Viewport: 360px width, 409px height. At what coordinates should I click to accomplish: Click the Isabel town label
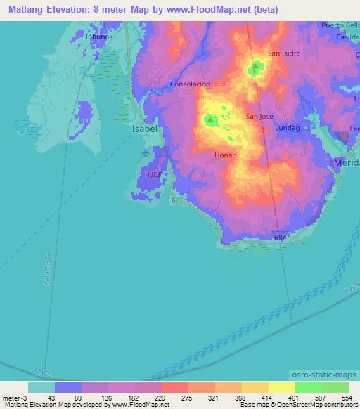(x=143, y=129)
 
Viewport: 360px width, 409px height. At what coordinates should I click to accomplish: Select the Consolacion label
(x=190, y=84)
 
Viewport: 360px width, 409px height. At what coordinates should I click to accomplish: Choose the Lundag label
(x=287, y=129)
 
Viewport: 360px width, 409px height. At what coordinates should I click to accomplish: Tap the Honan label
(x=226, y=155)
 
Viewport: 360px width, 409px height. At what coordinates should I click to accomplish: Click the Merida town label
(x=346, y=162)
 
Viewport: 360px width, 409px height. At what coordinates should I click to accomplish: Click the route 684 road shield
(x=281, y=239)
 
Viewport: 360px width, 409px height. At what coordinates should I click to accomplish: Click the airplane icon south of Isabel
(x=145, y=152)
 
